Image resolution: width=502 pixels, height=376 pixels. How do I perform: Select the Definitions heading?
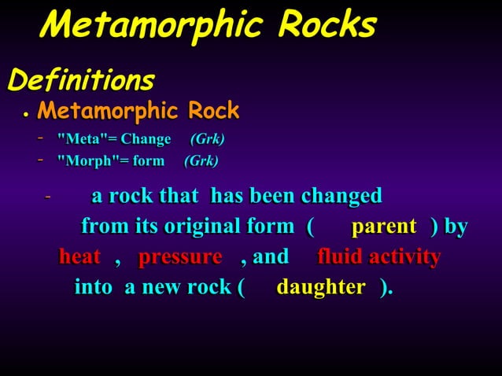80,79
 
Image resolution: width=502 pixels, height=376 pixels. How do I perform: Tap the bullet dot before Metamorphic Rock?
25,115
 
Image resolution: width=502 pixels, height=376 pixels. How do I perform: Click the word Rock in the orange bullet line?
211,111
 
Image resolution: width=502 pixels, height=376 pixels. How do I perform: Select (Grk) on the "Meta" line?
208,140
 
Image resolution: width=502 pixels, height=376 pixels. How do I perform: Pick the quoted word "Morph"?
82,162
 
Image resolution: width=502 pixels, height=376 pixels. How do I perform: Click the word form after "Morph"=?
148,162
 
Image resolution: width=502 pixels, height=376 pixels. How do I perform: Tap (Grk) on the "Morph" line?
201,162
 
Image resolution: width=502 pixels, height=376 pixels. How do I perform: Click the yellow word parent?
384,227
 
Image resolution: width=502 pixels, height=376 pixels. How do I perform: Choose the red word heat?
80,257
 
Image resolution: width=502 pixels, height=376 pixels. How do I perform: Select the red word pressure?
180,257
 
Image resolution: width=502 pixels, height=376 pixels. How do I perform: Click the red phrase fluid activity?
378,257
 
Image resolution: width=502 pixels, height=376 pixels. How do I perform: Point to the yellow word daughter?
321,287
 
